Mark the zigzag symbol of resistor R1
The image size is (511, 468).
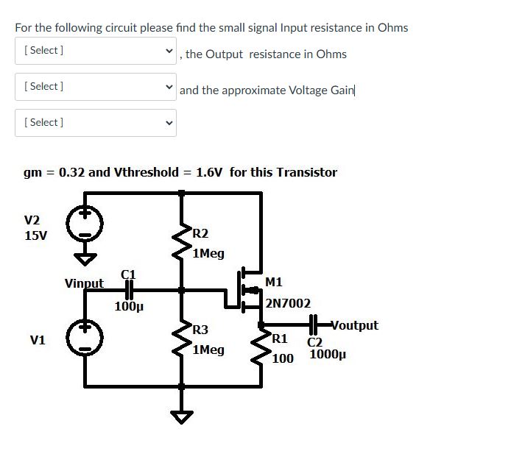[261, 349]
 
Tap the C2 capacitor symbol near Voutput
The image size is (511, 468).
[314, 325]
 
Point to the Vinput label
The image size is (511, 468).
[84, 283]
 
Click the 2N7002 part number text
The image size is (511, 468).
[288, 303]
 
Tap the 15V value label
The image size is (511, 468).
[36, 236]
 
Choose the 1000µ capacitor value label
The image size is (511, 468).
[326, 355]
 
